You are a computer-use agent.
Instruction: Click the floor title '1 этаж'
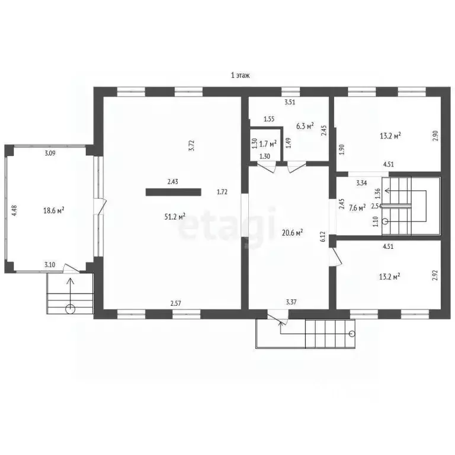(240, 75)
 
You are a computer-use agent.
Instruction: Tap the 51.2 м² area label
(175, 216)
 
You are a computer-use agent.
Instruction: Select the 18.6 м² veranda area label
(54, 210)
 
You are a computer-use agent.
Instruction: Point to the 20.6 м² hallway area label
(293, 232)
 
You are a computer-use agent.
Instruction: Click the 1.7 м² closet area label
(268, 143)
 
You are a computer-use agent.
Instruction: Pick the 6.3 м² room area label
(305, 126)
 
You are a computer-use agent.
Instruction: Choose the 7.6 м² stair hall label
(357, 208)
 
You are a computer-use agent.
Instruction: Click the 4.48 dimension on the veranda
(14, 210)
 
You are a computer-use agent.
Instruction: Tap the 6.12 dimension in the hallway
(323, 236)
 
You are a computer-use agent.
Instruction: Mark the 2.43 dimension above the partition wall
(172, 182)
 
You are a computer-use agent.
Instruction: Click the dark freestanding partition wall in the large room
(173, 192)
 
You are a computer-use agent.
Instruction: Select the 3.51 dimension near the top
(290, 102)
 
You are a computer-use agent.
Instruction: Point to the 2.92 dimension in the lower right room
(435, 275)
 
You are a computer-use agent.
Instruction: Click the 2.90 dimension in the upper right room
(435, 136)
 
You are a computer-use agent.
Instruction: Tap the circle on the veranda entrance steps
(71, 309)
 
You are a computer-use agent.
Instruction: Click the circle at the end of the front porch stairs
(352, 334)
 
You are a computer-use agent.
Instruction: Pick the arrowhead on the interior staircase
(387, 191)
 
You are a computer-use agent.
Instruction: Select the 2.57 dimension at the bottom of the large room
(175, 303)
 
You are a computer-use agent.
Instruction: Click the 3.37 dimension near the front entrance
(291, 302)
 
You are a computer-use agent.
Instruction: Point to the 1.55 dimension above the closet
(269, 119)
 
